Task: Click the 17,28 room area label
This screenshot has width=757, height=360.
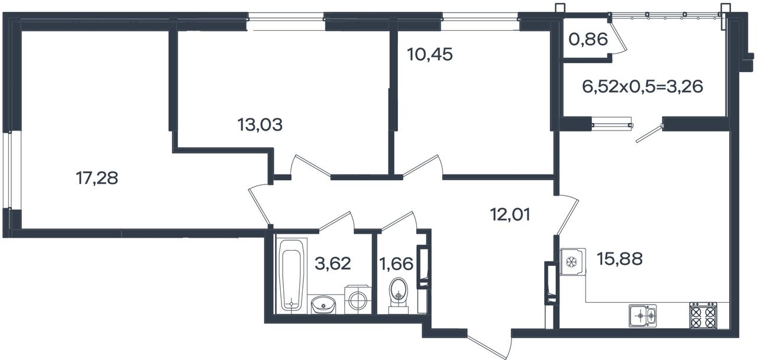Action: click(x=97, y=179)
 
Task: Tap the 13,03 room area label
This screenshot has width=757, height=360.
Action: click(x=260, y=125)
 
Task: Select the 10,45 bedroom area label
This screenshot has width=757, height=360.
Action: click(x=430, y=54)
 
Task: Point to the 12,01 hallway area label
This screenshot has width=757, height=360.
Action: click(x=510, y=215)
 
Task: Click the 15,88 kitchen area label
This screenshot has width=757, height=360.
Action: click(x=619, y=259)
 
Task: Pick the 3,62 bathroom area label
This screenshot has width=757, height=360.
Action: click(x=333, y=263)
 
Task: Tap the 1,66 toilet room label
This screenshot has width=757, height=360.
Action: click(x=396, y=264)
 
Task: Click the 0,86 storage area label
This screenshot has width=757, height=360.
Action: click(x=588, y=40)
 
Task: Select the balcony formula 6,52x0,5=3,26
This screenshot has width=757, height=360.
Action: click(x=642, y=86)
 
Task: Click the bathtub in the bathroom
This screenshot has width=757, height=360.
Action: click(x=292, y=275)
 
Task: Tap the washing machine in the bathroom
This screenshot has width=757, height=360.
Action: click(x=358, y=300)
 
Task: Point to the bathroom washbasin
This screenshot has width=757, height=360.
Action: click(x=323, y=305)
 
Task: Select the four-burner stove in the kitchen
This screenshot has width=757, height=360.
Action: click(x=703, y=315)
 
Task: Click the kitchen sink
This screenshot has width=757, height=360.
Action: click(x=642, y=316)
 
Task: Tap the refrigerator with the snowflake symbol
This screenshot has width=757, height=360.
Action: click(x=573, y=262)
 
